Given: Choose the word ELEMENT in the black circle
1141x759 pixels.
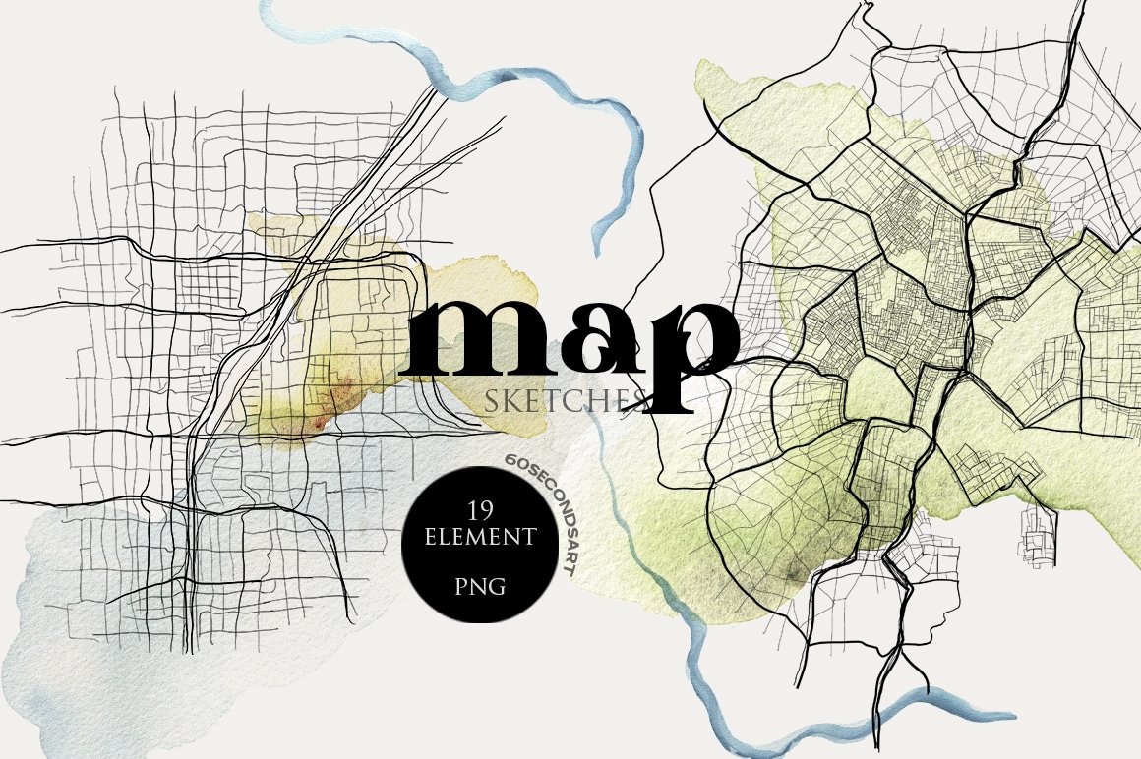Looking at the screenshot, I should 481,538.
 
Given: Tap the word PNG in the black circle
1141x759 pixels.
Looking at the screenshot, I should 481,587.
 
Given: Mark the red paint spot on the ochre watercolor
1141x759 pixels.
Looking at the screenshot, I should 318,423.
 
